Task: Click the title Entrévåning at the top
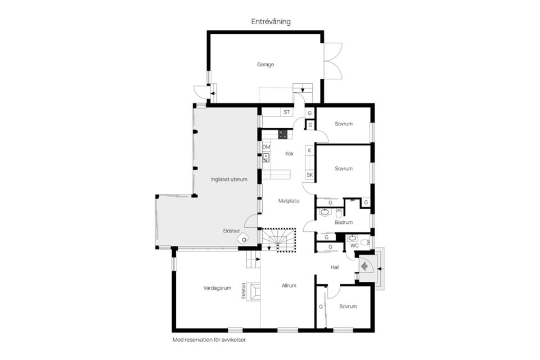[x=271, y=21]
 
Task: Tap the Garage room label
[x=265, y=65]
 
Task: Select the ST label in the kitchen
[x=287, y=112]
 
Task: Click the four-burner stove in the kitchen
[x=283, y=134]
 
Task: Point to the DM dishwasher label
[x=266, y=147]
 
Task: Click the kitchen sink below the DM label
[x=266, y=157]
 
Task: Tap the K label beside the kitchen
[x=309, y=151]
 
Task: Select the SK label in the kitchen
[x=309, y=175]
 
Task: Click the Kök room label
[x=289, y=154]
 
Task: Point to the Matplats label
[x=289, y=200]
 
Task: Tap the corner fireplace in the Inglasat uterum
[x=243, y=238]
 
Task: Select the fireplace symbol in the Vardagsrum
[x=254, y=291]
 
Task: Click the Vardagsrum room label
[x=218, y=288]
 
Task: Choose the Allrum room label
[x=289, y=286]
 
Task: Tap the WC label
[x=354, y=246]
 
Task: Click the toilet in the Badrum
[x=339, y=213]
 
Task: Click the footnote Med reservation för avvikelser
[x=209, y=340]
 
